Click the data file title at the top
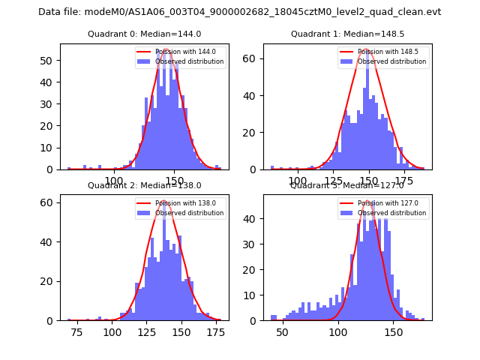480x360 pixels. pyautogui.click(x=239, y=12)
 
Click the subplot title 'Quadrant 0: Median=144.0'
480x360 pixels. pyautogui.click(x=144, y=34)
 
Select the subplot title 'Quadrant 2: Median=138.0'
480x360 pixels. pyautogui.click(x=144, y=185)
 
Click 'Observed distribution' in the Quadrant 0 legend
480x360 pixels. pyautogui.click(x=194, y=61)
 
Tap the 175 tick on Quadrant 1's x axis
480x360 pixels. pyautogui.click(x=405, y=181)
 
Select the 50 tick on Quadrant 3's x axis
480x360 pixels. pyautogui.click(x=282, y=331)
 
